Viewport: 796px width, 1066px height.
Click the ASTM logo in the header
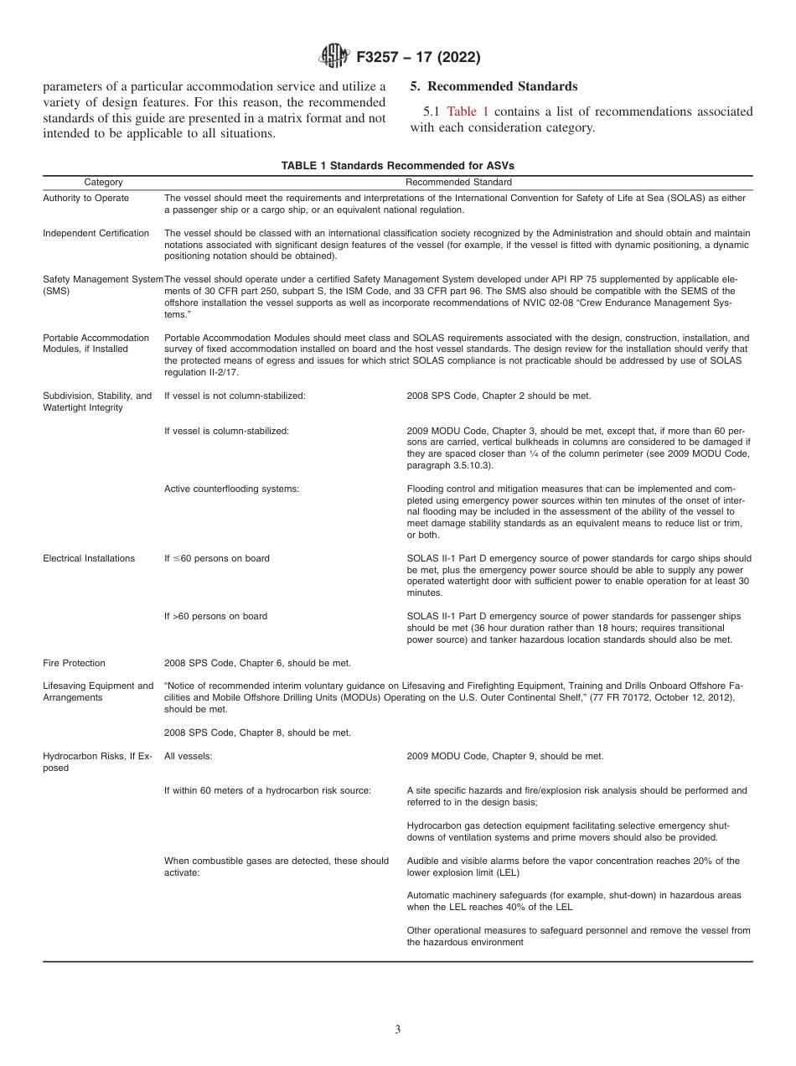pos(335,57)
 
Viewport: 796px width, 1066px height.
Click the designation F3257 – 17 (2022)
pos(417,58)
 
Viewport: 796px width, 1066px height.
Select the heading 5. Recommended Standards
pos(494,86)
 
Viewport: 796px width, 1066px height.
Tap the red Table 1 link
pos(468,111)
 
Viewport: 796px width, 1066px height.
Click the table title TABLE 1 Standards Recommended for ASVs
pos(397,166)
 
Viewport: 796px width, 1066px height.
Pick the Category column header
pos(103,182)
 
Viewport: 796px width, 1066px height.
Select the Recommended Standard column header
pos(458,182)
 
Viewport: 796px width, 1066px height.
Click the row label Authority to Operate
pos(85,198)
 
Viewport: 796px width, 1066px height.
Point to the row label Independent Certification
pos(96,233)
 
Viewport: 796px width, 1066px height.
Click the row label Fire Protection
pos(75,663)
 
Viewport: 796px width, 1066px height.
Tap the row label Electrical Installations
pos(89,558)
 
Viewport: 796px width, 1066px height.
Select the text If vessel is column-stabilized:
pos(226,431)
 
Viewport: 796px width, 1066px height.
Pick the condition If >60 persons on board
pos(215,616)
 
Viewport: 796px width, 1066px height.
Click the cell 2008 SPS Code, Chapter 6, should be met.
pos(257,663)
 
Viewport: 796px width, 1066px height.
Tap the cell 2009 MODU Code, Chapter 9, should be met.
pos(504,756)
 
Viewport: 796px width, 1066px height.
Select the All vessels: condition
pos(188,756)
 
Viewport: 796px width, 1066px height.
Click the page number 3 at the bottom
pos(398,1030)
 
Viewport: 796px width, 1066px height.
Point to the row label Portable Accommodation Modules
pos(96,344)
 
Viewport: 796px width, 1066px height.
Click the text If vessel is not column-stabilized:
pos(235,396)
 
